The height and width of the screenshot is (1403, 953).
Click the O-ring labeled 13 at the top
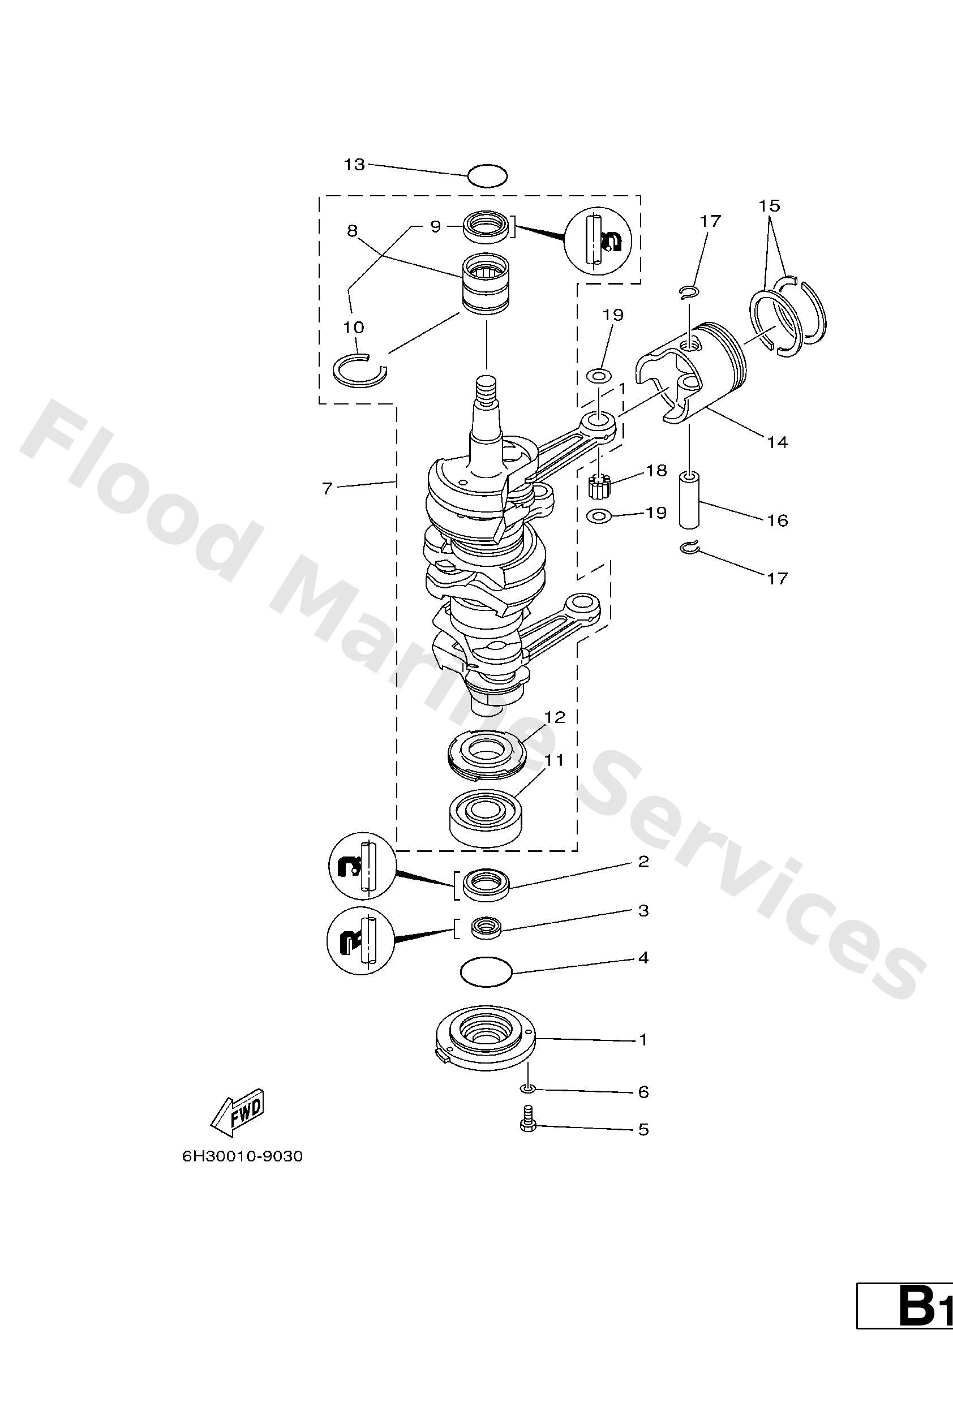pos(487,176)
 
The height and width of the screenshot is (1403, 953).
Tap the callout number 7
pos(327,488)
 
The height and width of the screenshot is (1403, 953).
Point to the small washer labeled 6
pos(527,1088)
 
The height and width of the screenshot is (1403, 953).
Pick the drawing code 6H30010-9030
pos(242,1157)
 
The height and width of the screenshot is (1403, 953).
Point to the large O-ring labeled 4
pos(486,971)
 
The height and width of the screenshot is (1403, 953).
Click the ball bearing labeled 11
pos(485,816)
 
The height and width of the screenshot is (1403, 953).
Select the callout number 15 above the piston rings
pos(770,206)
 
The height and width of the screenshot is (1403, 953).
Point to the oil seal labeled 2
pos(486,885)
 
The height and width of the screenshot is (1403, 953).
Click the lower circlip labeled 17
pos(689,548)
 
